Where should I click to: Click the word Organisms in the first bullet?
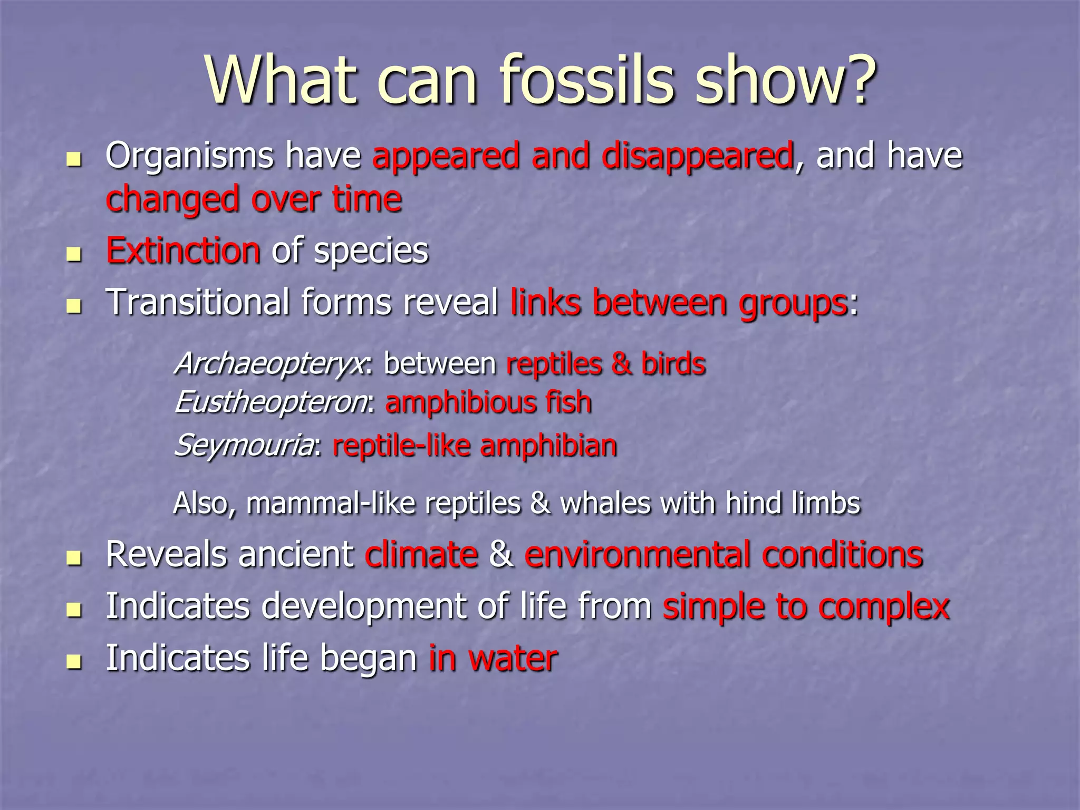tap(189, 157)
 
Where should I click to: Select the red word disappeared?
tap(697, 157)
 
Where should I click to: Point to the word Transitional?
tap(197, 302)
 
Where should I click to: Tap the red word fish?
tap(568, 403)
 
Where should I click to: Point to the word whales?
tap(605, 503)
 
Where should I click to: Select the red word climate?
tap(421, 555)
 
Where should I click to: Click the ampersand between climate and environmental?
tap(501, 555)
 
